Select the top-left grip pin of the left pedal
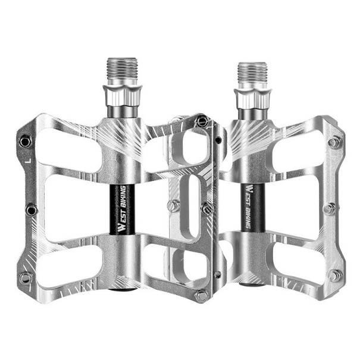click(25, 141)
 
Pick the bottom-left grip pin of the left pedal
click(25, 277)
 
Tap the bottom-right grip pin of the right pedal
click(336, 275)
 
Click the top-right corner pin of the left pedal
click(203, 121)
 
